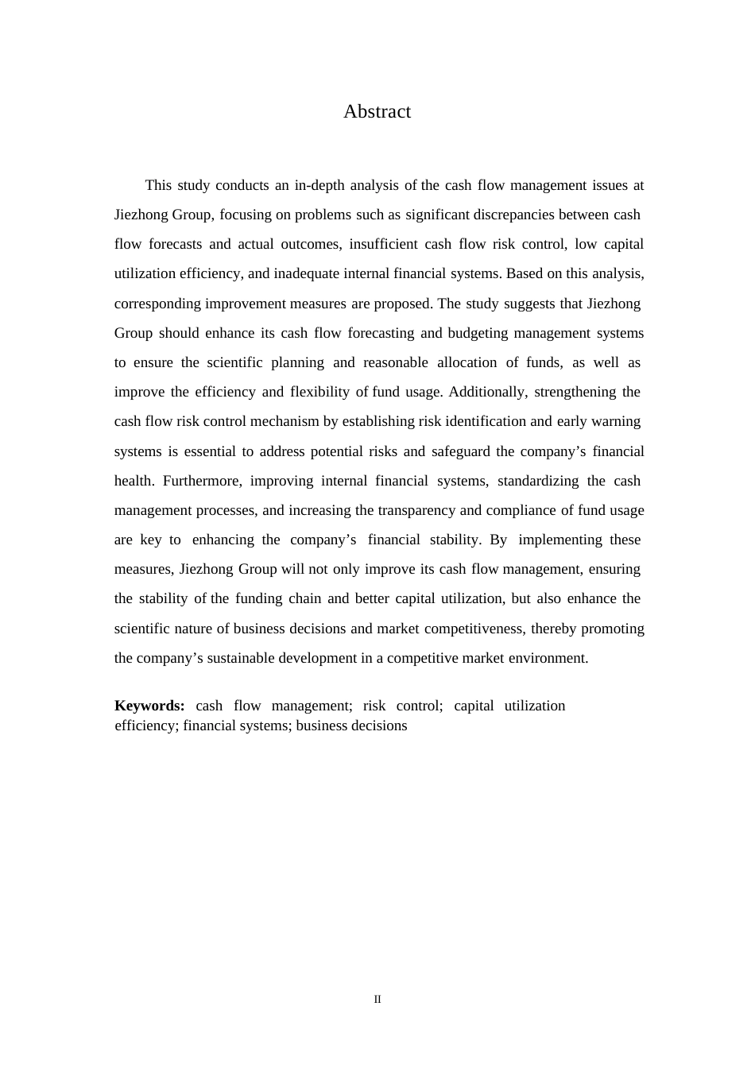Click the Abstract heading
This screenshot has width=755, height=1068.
pos(377,112)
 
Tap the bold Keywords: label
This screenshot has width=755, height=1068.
pos(149,706)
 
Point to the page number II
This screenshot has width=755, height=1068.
pos(377,1000)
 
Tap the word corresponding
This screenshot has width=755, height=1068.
pos(157,304)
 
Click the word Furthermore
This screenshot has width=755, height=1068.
pos(202,481)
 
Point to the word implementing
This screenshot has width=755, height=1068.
pos(560,540)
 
